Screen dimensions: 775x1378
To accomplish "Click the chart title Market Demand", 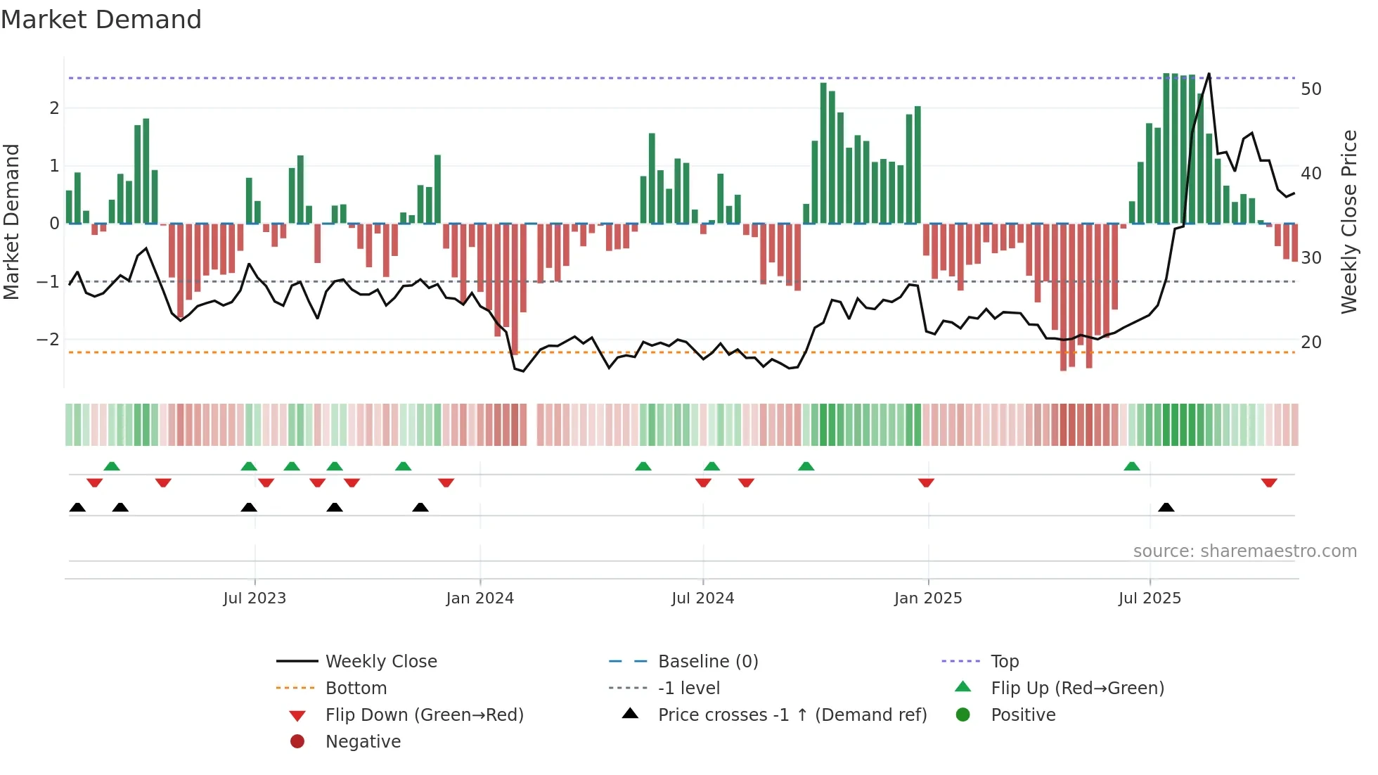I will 101,20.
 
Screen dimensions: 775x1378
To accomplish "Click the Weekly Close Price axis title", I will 1348,222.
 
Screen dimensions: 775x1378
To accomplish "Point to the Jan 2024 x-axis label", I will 479,598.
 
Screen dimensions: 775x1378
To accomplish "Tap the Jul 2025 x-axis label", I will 1150,598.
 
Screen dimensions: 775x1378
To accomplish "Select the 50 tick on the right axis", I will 1311,89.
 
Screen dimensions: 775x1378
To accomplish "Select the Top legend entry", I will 1004,662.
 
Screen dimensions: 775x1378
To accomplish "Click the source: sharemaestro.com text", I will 1244,551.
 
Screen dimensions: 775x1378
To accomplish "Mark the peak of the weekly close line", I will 1209,73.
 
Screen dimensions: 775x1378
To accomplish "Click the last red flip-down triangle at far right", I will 1269,482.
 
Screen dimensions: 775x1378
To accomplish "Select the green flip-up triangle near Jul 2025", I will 1132,466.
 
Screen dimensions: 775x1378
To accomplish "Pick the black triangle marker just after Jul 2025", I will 1166,507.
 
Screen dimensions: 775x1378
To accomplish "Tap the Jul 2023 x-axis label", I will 255,598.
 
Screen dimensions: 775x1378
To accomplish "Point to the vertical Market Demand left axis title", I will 11,222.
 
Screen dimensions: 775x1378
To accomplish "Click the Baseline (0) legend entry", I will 707,662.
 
